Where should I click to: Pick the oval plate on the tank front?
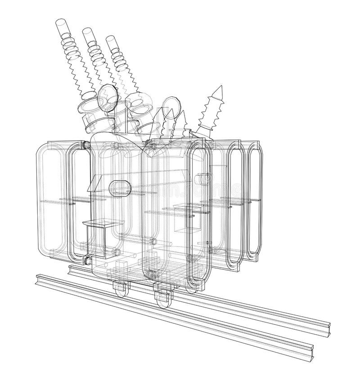point(120,187)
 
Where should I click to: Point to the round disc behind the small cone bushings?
point(171,104)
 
